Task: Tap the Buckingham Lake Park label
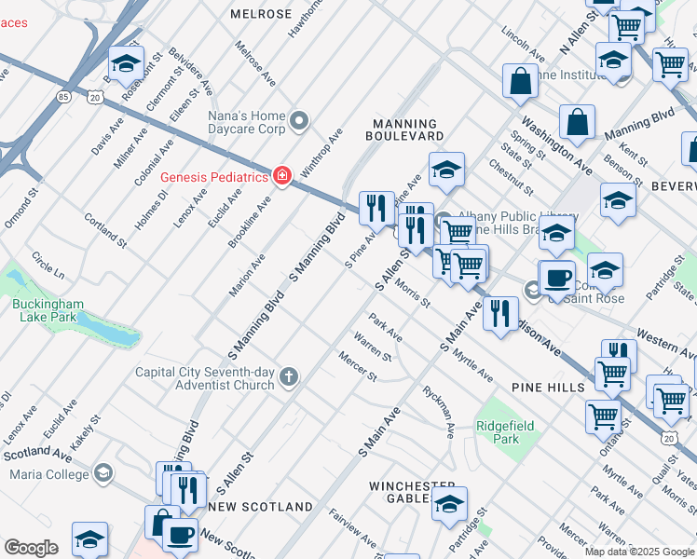coord(48,310)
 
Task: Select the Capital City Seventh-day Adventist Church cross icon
coord(290,376)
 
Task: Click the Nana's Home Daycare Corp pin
coord(299,120)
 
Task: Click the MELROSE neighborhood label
coord(262,14)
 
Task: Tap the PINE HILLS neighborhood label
coord(547,386)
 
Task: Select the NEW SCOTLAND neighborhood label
coord(262,507)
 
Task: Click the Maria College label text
coord(47,474)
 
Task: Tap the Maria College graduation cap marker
coord(102,473)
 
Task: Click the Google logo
coord(31,548)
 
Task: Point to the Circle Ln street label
coord(48,266)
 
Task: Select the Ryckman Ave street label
coord(439,412)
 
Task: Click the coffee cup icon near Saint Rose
coord(558,277)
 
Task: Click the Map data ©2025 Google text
coord(639,552)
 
